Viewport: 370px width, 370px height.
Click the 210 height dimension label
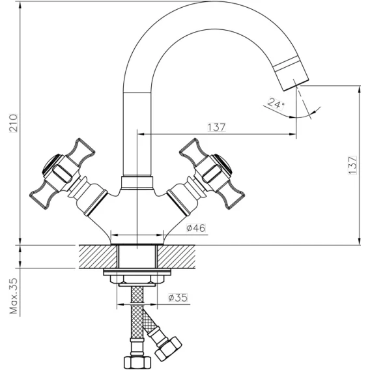(13, 123)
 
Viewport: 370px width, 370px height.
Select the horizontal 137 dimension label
(217, 127)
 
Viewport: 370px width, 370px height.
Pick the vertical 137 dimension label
(352, 165)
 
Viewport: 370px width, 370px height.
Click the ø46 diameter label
(196, 228)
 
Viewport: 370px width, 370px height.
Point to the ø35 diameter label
(178, 298)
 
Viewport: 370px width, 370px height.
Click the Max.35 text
(14, 296)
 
